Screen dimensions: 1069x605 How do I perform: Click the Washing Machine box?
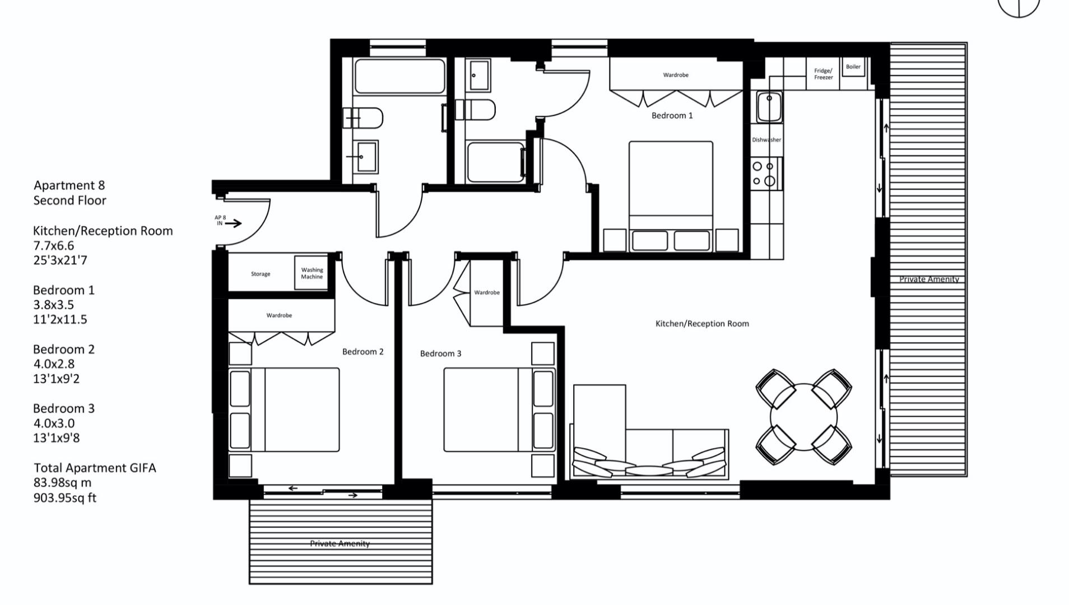312,273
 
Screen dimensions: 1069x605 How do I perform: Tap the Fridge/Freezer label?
823,74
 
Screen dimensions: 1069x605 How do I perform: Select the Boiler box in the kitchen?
853,67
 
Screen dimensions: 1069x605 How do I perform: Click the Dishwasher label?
766,140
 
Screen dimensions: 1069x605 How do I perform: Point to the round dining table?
803,417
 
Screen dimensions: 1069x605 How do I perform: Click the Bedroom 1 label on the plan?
672,115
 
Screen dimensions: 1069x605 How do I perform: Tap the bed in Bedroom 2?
284,409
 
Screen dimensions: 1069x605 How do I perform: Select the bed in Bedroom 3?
499,409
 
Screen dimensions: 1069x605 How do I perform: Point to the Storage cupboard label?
261,274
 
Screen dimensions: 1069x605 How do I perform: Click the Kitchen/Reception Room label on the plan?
702,323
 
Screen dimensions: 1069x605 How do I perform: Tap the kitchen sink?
769,106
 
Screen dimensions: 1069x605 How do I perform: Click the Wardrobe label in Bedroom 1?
676,75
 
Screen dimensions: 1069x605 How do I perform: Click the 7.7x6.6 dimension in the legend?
54,245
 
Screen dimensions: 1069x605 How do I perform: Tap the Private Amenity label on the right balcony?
929,279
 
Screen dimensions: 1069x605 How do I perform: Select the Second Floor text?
69,200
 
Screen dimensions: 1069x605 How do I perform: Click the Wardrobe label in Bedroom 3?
487,292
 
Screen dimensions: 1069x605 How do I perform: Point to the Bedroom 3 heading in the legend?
64,408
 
